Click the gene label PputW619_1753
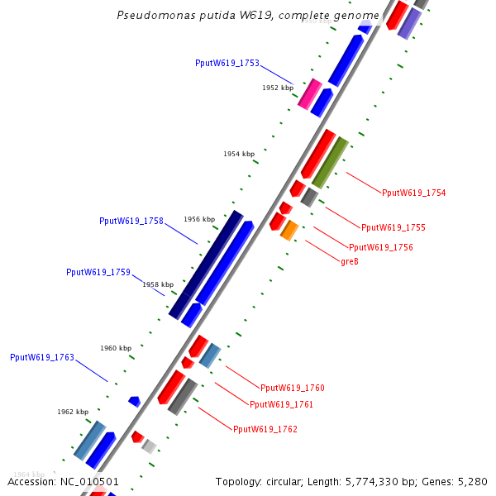pyautogui.click(x=227, y=63)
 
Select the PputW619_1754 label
pyautogui.click(x=414, y=193)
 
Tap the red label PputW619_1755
pyautogui.click(x=393, y=227)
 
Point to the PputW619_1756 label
pyautogui.click(x=381, y=247)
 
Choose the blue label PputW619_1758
pyautogui.click(x=131, y=221)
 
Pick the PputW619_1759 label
pyautogui.click(x=98, y=272)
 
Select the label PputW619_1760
pyautogui.click(x=293, y=388)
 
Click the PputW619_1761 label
pyautogui.click(x=282, y=404)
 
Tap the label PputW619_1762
pyautogui.click(x=265, y=429)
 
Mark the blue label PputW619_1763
pyautogui.click(x=42, y=357)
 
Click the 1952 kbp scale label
pyautogui.click(x=278, y=87)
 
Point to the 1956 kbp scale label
pyautogui.click(x=199, y=219)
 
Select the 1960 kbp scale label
pyautogui.click(x=116, y=348)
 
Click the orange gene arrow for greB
pyautogui.click(x=289, y=230)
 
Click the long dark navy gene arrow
pyautogui.click(x=206, y=265)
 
